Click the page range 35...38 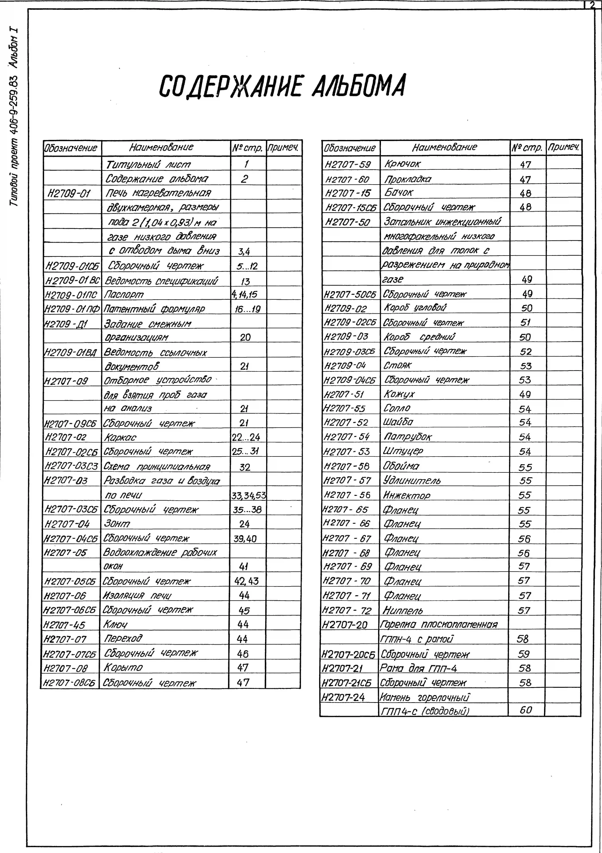coord(247,509)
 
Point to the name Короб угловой coord(415,308)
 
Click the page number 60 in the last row coord(526,710)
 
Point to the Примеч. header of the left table coord(283,148)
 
